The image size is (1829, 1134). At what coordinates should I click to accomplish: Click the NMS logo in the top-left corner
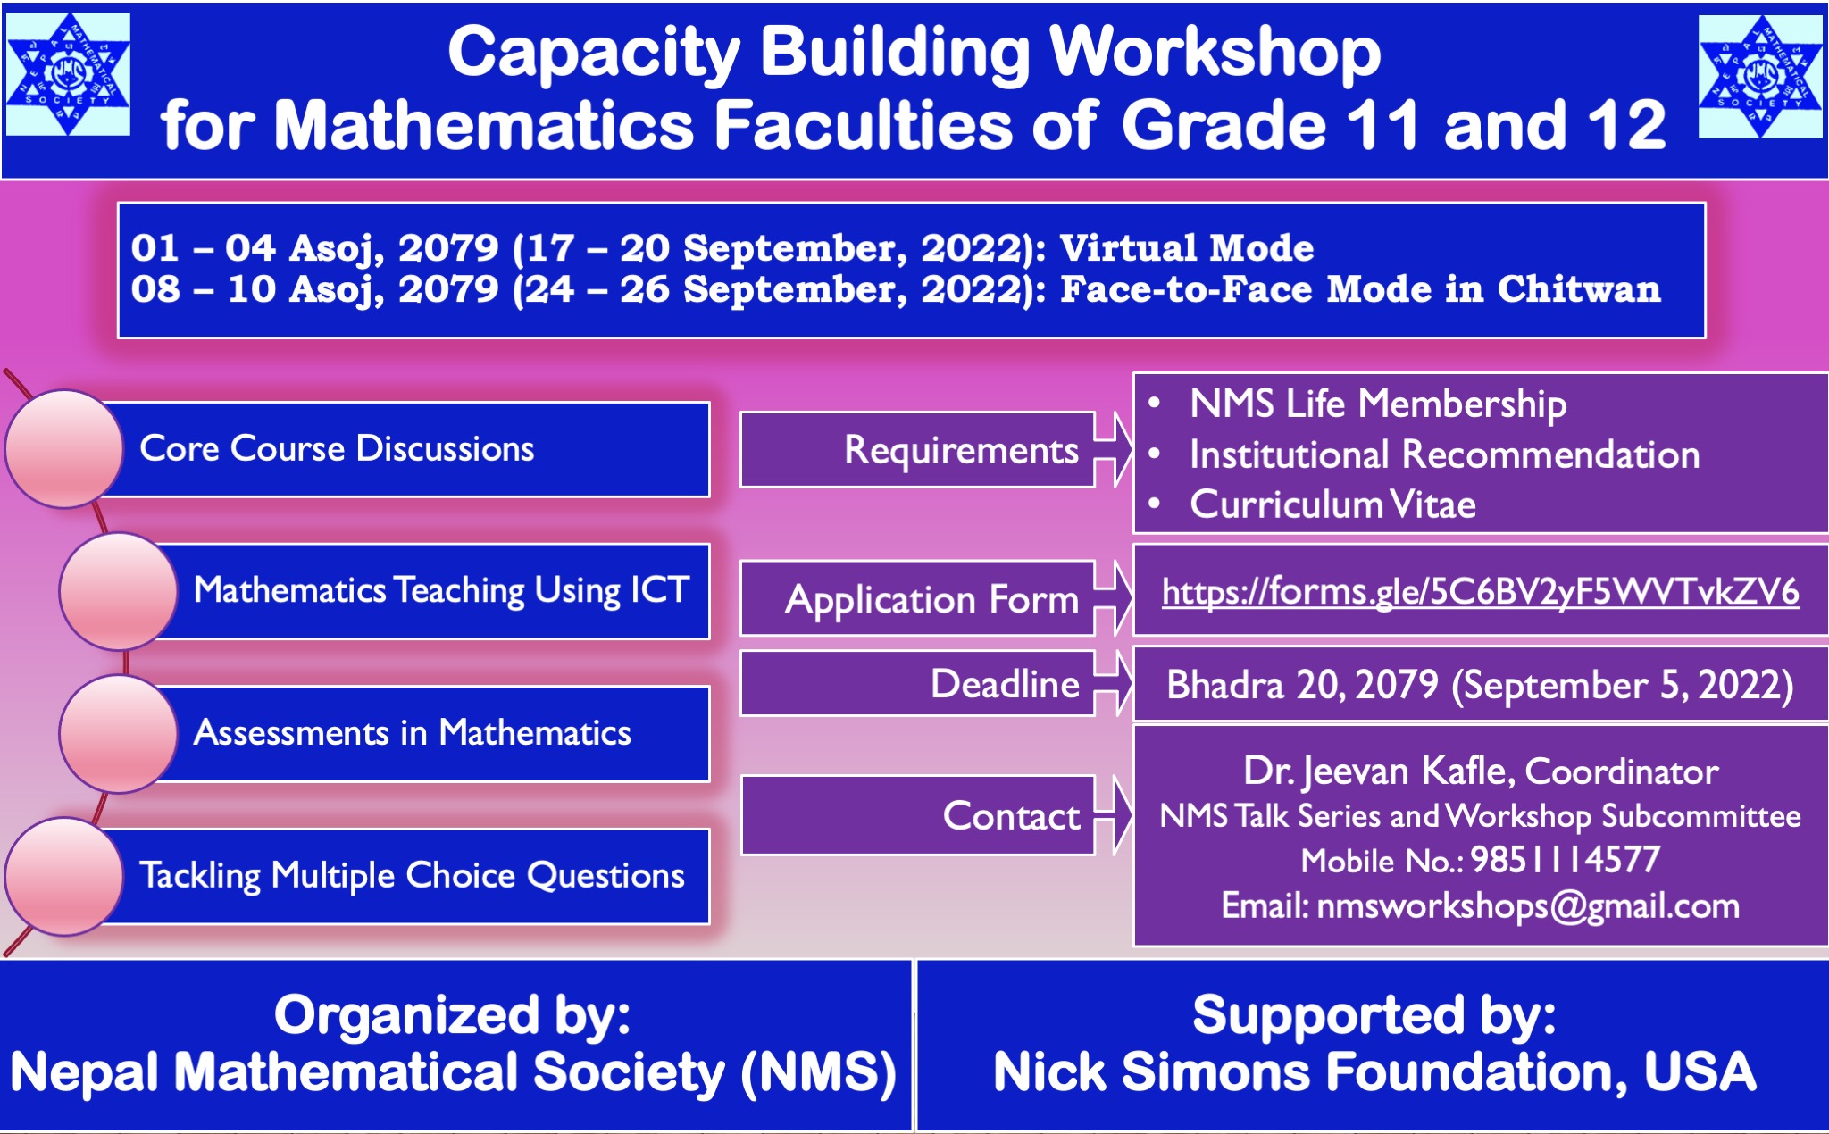68,74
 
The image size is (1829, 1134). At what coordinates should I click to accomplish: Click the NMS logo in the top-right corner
1760,77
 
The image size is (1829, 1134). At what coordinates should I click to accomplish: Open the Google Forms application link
1480,592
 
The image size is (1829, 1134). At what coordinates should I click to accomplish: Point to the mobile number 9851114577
1565,860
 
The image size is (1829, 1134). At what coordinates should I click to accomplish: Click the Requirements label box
917,450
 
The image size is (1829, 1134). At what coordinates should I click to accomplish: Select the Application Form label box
917,598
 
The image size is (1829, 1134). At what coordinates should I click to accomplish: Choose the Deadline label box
917,684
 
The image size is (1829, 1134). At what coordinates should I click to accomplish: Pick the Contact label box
918,815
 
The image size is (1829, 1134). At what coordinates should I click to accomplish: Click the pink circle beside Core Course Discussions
64,449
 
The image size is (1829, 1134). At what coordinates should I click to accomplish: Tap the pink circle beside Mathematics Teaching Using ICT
119,591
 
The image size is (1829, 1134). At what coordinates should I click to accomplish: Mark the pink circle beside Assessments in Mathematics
119,734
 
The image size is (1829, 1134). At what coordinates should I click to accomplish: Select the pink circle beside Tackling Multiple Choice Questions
64,877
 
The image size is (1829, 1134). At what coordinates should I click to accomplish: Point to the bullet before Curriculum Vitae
1155,504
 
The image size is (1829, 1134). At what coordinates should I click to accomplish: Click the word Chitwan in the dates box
1579,289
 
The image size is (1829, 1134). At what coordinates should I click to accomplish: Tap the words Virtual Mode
1187,248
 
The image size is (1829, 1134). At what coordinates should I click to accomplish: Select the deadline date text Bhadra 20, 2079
1303,685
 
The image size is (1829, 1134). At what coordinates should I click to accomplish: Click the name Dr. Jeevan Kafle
1378,771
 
